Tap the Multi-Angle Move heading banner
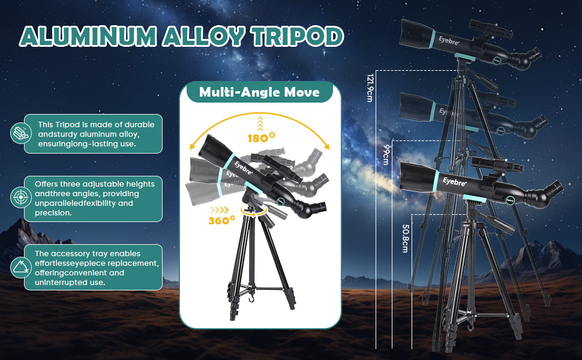(259, 92)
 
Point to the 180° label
(262, 137)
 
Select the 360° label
(221, 220)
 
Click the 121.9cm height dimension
(370, 88)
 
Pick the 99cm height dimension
(386, 155)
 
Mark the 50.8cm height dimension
(406, 238)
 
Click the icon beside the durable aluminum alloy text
(21, 133)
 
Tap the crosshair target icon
(21, 197)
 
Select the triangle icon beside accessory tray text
(21, 267)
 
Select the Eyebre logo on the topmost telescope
(449, 40)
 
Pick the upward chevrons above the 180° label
(260, 124)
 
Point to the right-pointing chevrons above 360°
(220, 210)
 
